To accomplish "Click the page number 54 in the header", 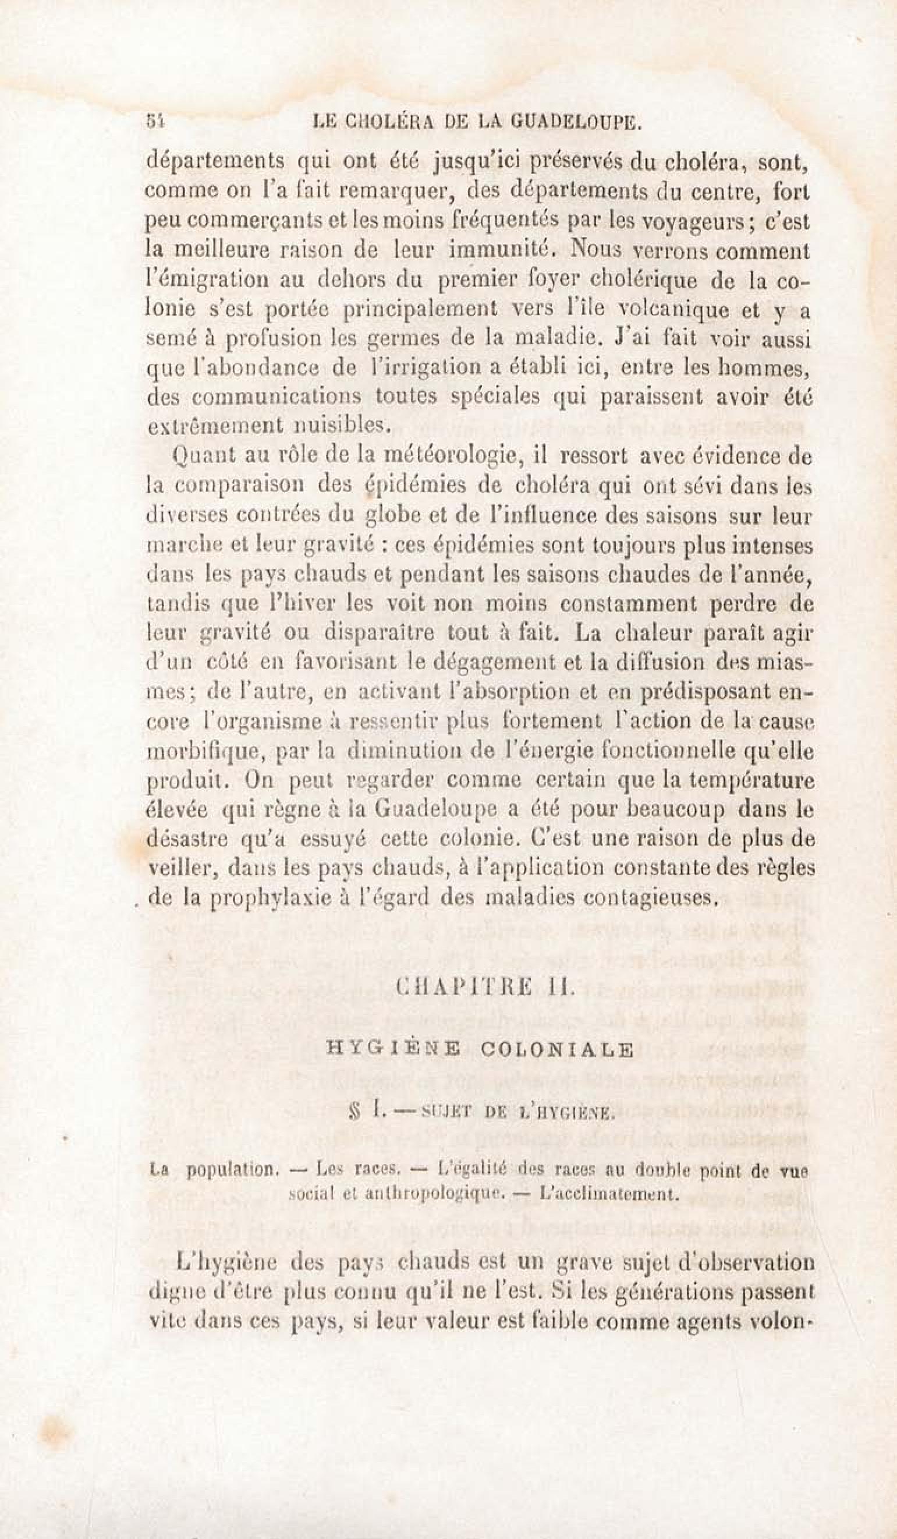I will pyautogui.click(x=153, y=122).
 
